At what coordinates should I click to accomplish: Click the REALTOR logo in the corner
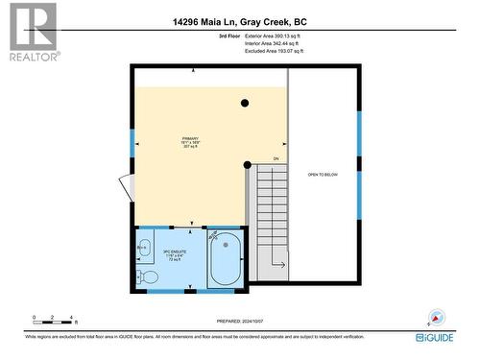[x=32, y=31]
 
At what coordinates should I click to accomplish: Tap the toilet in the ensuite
[x=148, y=276]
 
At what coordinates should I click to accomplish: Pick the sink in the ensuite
[x=144, y=249]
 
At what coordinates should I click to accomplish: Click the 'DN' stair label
[x=276, y=158]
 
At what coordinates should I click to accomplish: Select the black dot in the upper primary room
[x=246, y=103]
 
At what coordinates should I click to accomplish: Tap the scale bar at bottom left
[x=53, y=320]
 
